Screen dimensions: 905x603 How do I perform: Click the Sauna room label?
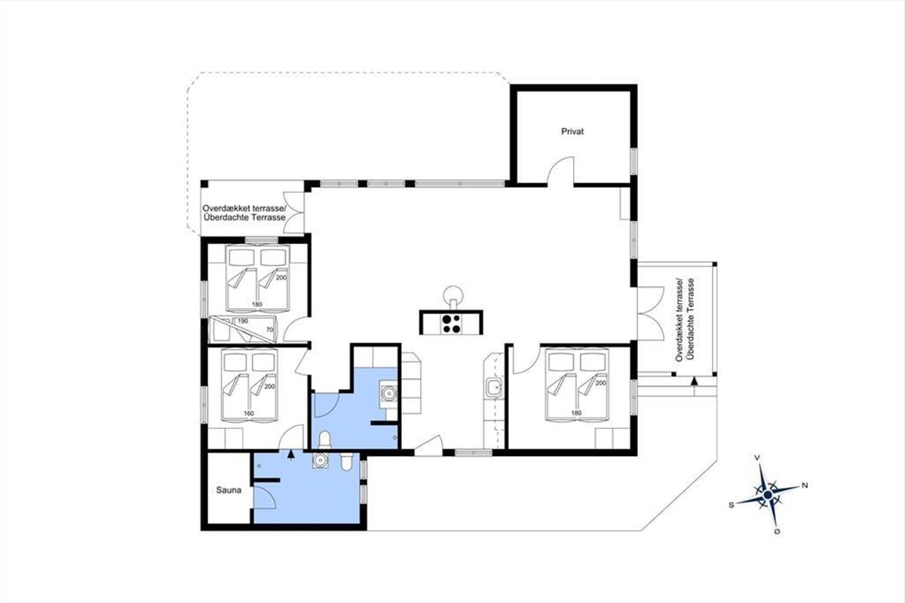[x=229, y=491]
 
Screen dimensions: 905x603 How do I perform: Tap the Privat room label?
[x=572, y=132]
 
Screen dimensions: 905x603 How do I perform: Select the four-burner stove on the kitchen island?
[x=451, y=324]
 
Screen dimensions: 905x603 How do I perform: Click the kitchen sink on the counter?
[x=494, y=388]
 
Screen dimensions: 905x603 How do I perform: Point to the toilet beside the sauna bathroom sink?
[x=346, y=461]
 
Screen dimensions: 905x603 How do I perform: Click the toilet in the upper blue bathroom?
[x=324, y=440]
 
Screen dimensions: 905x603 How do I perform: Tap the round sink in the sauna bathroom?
[x=320, y=460]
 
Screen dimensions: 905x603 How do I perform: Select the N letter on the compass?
[x=805, y=485]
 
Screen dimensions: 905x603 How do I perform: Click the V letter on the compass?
[x=757, y=458]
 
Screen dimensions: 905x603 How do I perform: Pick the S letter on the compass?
[x=732, y=505]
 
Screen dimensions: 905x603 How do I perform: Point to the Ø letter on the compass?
[x=778, y=532]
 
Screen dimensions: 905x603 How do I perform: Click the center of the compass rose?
[x=768, y=494]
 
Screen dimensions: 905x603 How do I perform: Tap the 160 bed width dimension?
[x=249, y=413]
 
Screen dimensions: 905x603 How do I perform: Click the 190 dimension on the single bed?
[x=242, y=321]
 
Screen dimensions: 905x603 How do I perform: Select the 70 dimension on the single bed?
[x=270, y=329]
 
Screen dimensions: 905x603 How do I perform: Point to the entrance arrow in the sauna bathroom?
[x=290, y=454]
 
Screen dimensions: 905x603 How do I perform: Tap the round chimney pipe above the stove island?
[x=453, y=294]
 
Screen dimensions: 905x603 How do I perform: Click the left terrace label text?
[x=244, y=213]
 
